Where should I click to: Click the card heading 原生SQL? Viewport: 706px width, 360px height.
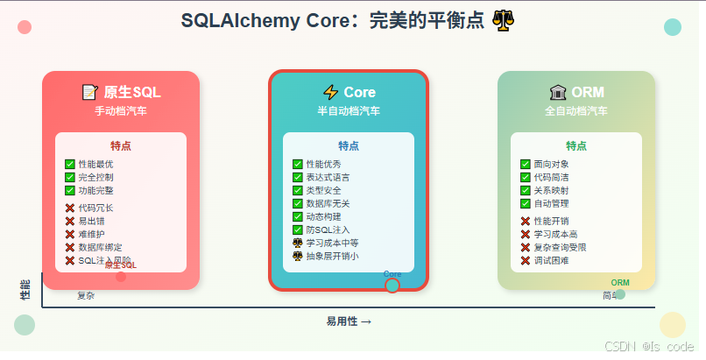132,92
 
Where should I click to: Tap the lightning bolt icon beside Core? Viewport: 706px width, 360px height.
330,92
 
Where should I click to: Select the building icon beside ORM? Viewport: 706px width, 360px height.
557,92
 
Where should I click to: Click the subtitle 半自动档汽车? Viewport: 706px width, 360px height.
349,111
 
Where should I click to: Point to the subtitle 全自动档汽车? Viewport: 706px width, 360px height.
576,111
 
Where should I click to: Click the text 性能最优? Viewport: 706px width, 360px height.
95,164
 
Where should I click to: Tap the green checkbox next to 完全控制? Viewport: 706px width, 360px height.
70,177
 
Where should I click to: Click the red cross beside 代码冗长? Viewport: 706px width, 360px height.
70,208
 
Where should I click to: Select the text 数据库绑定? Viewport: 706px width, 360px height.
100,247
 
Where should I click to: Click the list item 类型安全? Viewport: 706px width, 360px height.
323,190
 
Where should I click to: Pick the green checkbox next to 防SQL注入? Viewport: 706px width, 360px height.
298,229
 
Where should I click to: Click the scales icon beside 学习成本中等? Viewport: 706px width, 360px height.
298,243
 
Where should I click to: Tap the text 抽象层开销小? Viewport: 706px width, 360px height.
332,256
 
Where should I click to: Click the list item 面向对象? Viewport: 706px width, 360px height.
551,164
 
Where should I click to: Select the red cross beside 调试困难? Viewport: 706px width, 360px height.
526,260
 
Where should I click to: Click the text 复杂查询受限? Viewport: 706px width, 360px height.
560,247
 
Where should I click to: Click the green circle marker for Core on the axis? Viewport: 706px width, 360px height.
392,285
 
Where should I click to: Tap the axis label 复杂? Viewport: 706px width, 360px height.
86,296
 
